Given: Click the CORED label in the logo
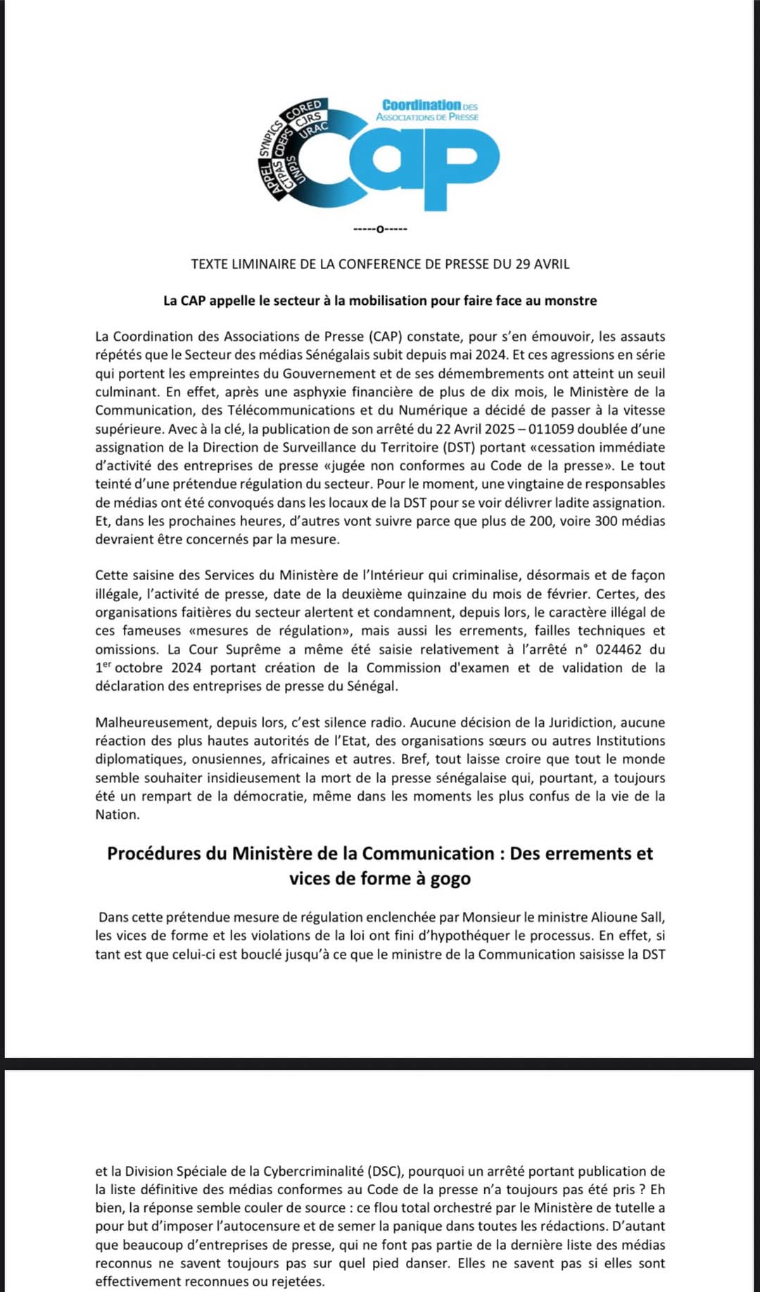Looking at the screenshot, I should click(x=303, y=110).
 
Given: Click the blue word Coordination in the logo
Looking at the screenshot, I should click(x=422, y=105).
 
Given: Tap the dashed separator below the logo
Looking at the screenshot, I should click(x=380, y=229).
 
